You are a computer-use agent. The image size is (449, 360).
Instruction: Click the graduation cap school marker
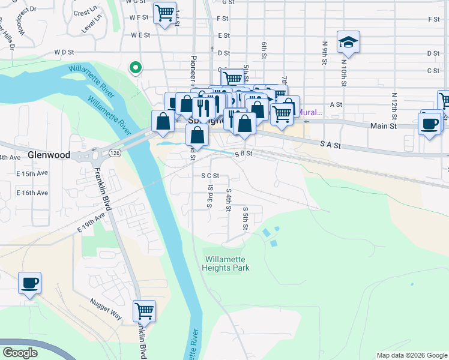[348, 42]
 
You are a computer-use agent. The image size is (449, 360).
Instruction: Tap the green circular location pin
[136, 68]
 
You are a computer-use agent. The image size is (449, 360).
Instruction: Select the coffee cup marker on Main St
[429, 124]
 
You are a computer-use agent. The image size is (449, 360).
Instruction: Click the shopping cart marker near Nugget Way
[144, 311]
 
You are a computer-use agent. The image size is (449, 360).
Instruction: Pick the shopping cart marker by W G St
[164, 13]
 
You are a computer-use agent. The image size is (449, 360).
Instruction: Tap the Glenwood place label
[49, 155]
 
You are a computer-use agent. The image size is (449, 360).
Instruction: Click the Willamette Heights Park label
[227, 264]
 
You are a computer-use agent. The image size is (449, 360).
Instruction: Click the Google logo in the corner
[20, 353]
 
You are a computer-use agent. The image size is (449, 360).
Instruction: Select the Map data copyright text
[411, 355]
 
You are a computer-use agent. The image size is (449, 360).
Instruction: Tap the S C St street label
[210, 176]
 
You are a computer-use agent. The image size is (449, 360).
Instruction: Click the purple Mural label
[310, 112]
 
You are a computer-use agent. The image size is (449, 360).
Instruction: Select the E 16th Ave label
[32, 193]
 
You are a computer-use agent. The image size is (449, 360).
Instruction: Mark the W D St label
[67, 52]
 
